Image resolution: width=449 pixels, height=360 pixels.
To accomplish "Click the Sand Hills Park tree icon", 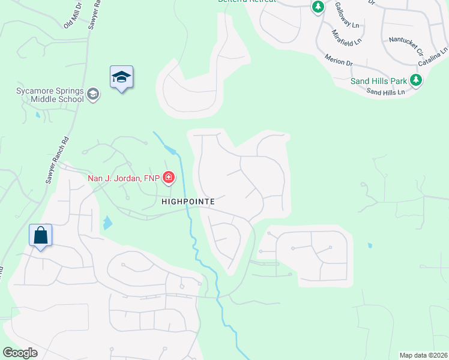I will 416,80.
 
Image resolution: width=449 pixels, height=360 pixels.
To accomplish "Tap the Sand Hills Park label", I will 379,80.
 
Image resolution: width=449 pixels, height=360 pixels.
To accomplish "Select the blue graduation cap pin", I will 121,77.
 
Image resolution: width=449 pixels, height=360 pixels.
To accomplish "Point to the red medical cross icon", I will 169,177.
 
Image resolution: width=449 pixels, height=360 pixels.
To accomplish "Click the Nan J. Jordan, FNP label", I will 123,178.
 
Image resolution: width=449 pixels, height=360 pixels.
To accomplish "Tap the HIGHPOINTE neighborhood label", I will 188,202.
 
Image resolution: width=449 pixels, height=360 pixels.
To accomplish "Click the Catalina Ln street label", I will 432,58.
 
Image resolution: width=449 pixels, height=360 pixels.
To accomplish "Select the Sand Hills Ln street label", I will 385,92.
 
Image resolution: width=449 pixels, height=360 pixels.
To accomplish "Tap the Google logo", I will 20,353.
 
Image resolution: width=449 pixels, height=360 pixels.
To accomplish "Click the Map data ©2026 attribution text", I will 423,355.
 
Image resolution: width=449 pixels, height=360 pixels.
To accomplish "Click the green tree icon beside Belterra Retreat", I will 318,7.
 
